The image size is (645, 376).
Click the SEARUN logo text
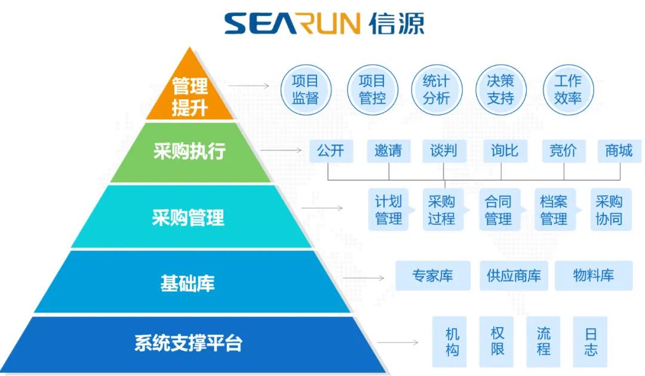293,24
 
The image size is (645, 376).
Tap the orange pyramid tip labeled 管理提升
189,95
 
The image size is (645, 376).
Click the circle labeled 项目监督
305,90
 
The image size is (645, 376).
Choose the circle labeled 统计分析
436,90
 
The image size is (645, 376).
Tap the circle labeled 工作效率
567,90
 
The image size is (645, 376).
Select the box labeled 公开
331,151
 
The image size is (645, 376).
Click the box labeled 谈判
444,151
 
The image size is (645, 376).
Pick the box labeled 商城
619,151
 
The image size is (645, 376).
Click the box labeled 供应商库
514,276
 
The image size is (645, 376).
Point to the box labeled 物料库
594,276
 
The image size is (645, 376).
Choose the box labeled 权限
497,341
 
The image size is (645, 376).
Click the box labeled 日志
590,341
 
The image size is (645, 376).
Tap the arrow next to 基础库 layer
371,278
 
